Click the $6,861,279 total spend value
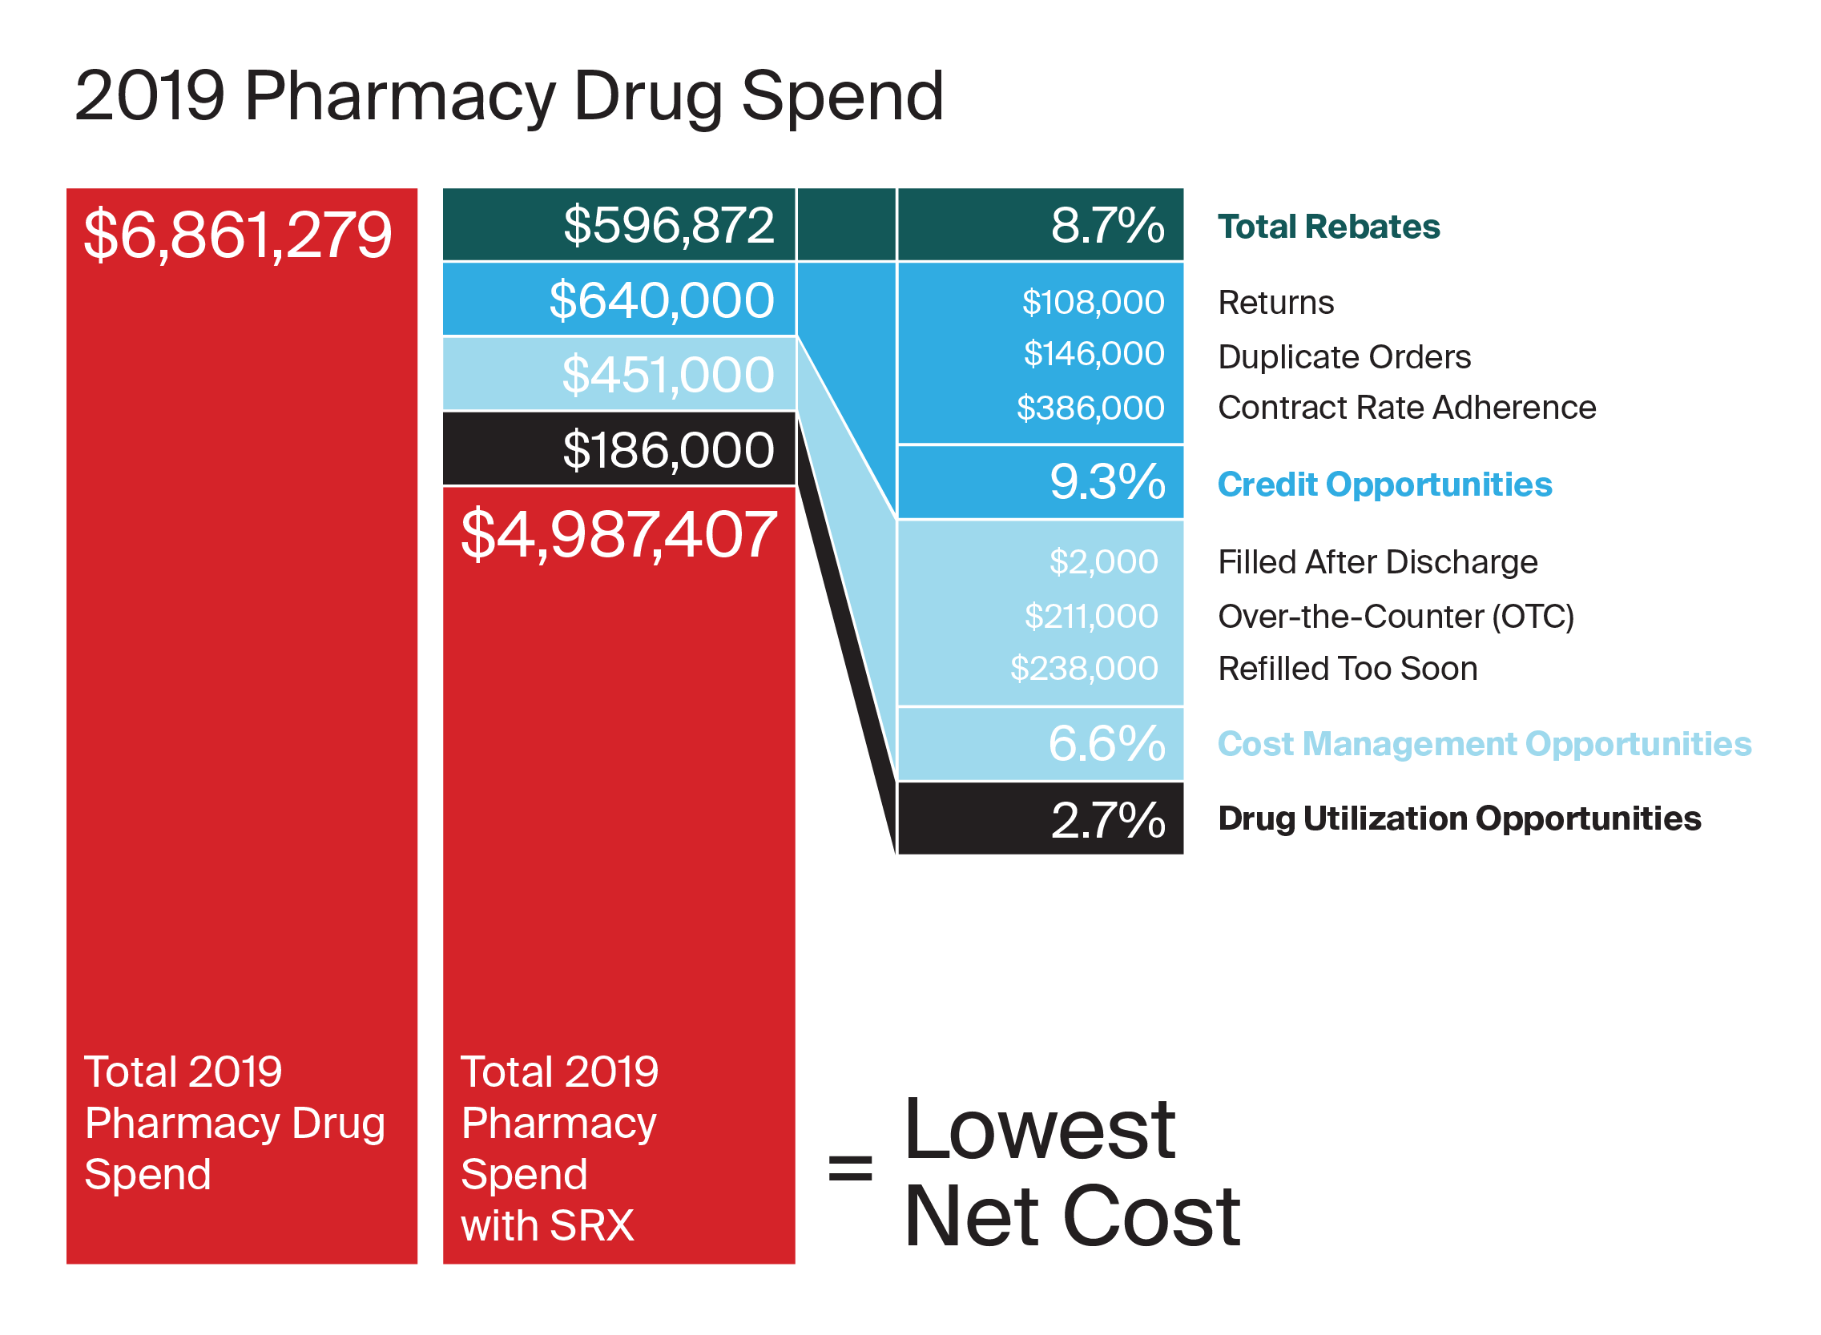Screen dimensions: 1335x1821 point(238,235)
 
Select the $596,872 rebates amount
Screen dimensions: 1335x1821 point(668,226)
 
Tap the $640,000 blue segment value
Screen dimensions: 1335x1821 point(661,300)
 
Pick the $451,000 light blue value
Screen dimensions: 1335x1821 point(667,375)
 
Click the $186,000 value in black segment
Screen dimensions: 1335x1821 point(667,450)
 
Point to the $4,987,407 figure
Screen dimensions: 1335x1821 point(618,535)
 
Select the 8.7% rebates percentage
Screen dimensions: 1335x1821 point(1107,226)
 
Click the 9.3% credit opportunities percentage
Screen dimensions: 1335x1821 point(1107,482)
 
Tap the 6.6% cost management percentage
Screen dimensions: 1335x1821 point(1106,743)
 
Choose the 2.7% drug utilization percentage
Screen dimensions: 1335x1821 point(1108,820)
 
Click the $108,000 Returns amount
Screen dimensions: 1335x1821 point(1093,302)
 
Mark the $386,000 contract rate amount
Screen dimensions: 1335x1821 point(1090,408)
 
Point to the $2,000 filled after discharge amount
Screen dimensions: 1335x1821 point(1103,561)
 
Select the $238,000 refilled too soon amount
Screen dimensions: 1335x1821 point(1084,669)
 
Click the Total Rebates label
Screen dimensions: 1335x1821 point(1328,227)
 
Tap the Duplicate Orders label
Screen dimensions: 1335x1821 point(1344,357)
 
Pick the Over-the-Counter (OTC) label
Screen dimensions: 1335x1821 point(1395,617)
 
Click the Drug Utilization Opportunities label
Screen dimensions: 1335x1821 point(1459,818)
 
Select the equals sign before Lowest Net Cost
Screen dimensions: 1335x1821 point(850,1168)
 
